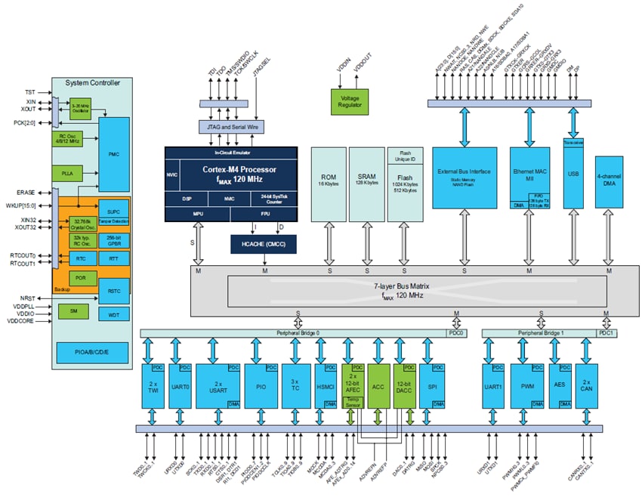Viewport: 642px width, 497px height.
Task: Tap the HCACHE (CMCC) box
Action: pyautogui.click(x=264, y=244)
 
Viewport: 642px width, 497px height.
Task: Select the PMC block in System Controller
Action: pyautogui.click(x=114, y=154)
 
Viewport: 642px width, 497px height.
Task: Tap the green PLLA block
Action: pyautogui.click(x=67, y=174)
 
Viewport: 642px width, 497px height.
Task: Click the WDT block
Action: pyautogui.click(x=114, y=313)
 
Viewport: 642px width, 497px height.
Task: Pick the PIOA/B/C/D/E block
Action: pyautogui.click(x=92, y=351)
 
